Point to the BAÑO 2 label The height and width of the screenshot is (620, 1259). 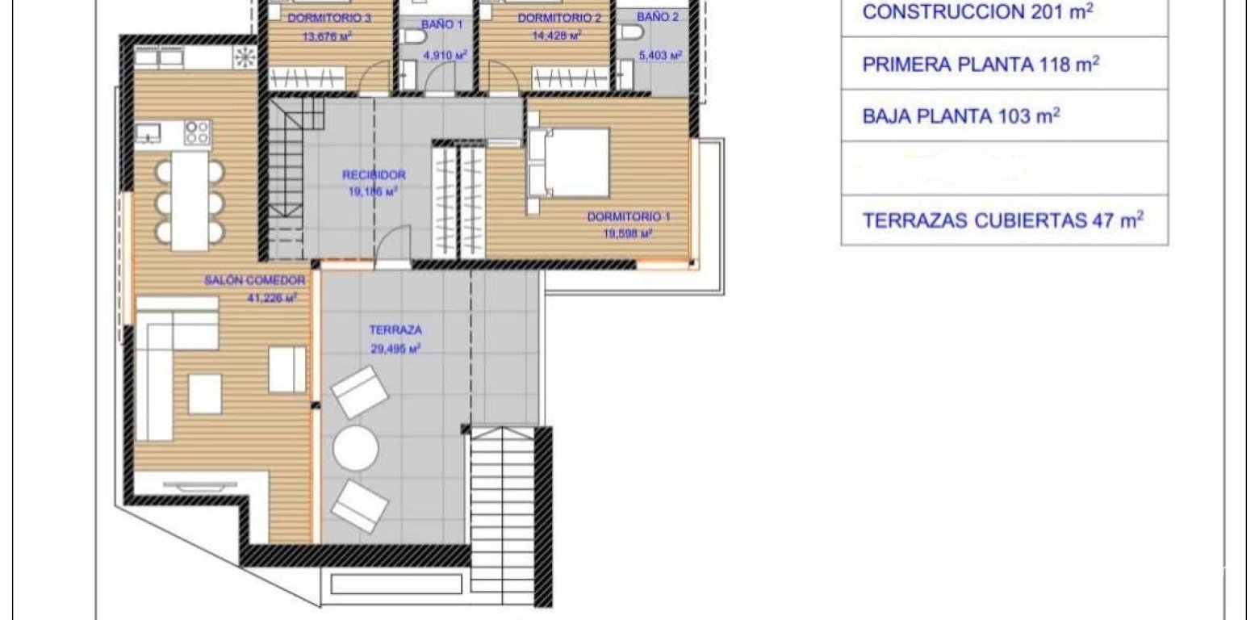tap(659, 17)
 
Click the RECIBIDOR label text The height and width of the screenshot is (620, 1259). tap(373, 174)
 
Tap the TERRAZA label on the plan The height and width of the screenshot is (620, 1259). tap(395, 329)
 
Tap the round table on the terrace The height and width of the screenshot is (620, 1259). tap(356, 446)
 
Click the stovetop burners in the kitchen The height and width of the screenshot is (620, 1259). tap(197, 132)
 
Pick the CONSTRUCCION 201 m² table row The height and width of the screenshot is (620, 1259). tap(1004, 13)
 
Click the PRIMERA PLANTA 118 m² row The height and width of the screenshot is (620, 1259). tap(1004, 65)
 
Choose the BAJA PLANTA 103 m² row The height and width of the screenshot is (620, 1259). tap(1004, 115)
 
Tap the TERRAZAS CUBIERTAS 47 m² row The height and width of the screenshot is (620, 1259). tap(1004, 220)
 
